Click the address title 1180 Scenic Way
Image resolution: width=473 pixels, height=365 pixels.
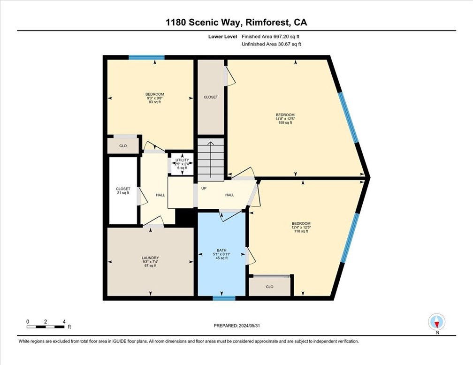point(236,22)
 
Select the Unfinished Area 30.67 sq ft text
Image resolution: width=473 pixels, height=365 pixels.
point(271,44)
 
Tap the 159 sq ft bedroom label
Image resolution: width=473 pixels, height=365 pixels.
point(285,119)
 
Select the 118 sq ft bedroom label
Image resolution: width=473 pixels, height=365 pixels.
point(301,227)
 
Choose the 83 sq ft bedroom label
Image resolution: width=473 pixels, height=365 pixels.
point(154,98)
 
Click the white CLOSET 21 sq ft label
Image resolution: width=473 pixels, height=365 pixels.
point(123,190)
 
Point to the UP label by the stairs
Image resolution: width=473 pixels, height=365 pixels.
point(204,188)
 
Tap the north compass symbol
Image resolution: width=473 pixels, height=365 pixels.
point(437,322)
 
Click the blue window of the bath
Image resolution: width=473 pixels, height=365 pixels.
point(224,298)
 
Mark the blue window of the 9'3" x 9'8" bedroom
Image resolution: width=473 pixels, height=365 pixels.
point(146,58)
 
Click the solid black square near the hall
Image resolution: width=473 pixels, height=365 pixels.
point(184,217)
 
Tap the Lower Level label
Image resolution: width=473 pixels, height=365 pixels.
point(223,36)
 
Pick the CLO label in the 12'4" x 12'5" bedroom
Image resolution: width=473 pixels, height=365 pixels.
point(269,287)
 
